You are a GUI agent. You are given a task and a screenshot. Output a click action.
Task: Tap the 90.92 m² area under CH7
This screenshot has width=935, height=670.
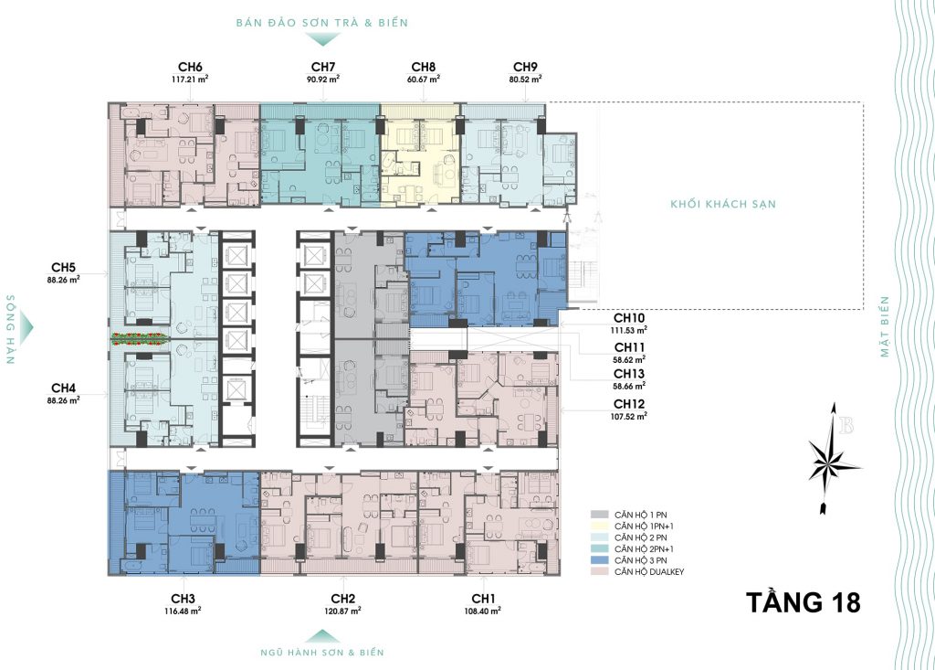pyautogui.click(x=323, y=79)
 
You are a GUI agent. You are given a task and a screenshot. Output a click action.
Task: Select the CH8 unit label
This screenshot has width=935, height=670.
pyautogui.click(x=424, y=67)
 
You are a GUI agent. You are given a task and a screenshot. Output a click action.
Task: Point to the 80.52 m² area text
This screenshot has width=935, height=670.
pyautogui.click(x=525, y=79)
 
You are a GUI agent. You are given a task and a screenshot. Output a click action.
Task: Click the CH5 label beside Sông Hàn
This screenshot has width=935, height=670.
pyautogui.click(x=63, y=268)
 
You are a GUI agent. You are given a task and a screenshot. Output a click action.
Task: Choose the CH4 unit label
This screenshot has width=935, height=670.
pyautogui.click(x=63, y=388)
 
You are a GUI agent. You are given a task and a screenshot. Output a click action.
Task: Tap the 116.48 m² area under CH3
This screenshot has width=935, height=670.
pyautogui.click(x=183, y=611)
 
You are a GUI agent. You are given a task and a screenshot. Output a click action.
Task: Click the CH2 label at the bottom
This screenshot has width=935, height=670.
pyautogui.click(x=343, y=599)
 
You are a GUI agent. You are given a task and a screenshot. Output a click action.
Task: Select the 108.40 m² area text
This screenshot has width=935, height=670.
pyautogui.click(x=482, y=611)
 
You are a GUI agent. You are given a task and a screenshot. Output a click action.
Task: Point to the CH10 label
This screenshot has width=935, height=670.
pyautogui.click(x=629, y=318)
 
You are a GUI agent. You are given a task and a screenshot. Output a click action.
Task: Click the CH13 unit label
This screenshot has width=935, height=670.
pyautogui.click(x=629, y=374)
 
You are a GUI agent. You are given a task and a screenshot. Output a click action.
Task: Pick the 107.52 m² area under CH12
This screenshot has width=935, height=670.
pyautogui.click(x=629, y=416)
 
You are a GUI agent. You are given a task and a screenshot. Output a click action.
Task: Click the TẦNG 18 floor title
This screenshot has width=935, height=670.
pyautogui.click(x=804, y=602)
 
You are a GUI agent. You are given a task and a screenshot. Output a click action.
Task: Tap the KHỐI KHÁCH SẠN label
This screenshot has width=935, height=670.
pyautogui.click(x=723, y=204)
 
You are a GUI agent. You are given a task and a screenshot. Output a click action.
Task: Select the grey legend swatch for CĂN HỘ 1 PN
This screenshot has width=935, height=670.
pyautogui.click(x=599, y=514)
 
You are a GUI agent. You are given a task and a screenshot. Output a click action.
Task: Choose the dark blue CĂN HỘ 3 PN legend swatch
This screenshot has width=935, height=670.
pyautogui.click(x=599, y=560)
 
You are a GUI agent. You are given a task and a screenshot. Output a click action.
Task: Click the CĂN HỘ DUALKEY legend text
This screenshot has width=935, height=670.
pyautogui.click(x=649, y=571)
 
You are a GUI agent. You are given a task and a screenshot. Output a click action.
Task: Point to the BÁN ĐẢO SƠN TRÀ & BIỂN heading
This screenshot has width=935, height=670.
pyautogui.click(x=322, y=23)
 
